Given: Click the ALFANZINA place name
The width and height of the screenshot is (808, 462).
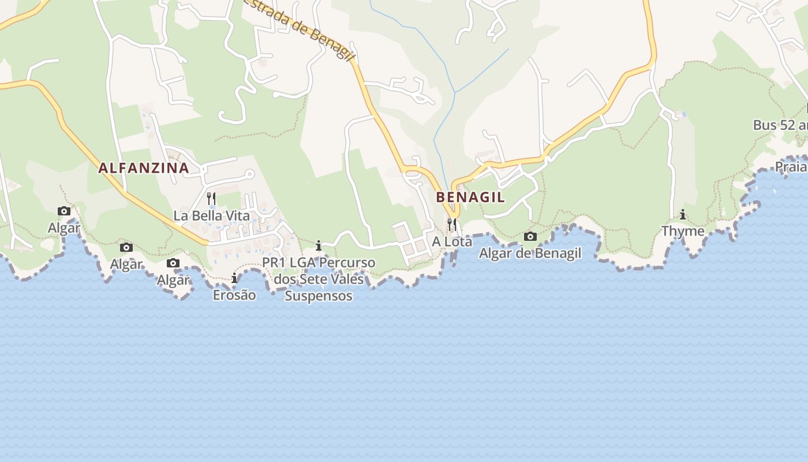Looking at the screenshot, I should pyautogui.click(x=143, y=168).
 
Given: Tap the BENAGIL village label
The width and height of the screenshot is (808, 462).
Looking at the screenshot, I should pyautogui.click(x=470, y=197).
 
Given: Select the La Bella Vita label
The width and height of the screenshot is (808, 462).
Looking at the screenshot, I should pyautogui.click(x=212, y=216).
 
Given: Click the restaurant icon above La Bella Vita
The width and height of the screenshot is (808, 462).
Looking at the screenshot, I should pyautogui.click(x=211, y=199).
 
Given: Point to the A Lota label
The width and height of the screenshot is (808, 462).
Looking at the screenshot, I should pyautogui.click(x=452, y=242).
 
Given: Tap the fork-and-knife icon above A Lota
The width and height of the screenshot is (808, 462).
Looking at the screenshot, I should pyautogui.click(x=452, y=223).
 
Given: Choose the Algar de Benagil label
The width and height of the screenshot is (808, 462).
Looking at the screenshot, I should pyautogui.click(x=530, y=253).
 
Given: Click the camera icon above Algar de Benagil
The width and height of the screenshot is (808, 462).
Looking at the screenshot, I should pyautogui.click(x=530, y=236).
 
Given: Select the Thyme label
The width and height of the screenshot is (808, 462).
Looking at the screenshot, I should pyautogui.click(x=683, y=231).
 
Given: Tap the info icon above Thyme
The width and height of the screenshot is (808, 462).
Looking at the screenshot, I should pyautogui.click(x=683, y=215).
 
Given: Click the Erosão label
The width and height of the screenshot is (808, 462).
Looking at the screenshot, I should pyautogui.click(x=234, y=295).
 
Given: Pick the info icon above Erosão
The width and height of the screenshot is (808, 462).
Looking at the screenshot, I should pyautogui.click(x=234, y=278).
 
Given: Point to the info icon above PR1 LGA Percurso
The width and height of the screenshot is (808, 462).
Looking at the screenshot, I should pyautogui.click(x=318, y=246).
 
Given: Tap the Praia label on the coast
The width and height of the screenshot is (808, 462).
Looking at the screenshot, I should pyautogui.click(x=791, y=167).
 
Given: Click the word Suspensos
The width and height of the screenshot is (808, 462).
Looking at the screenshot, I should pyautogui.click(x=319, y=296).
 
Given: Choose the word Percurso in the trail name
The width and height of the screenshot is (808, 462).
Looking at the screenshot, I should pyautogui.click(x=347, y=263).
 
